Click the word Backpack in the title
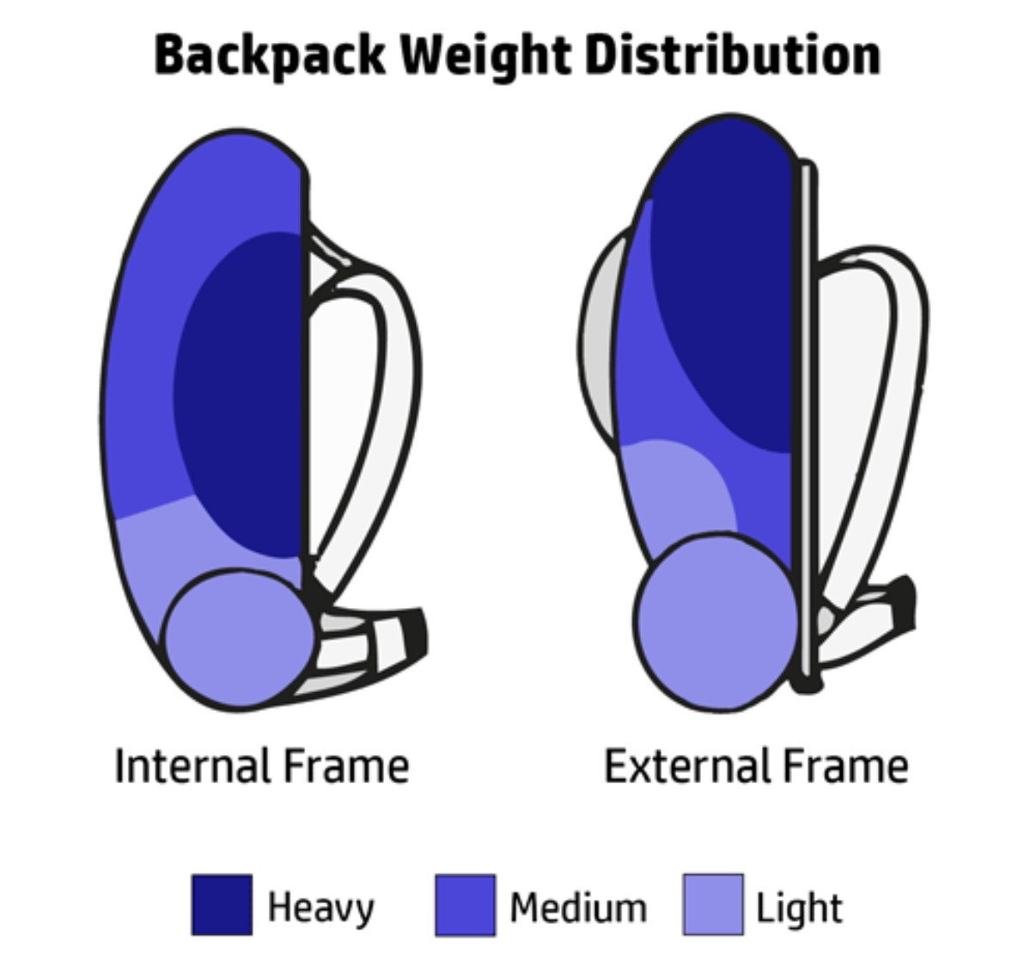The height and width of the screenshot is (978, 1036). click(x=270, y=56)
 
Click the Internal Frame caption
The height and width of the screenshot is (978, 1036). click(x=262, y=766)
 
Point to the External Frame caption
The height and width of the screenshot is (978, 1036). click(x=756, y=766)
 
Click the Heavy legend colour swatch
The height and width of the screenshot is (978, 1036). click(x=222, y=906)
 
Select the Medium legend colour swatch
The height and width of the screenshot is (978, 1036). click(x=466, y=906)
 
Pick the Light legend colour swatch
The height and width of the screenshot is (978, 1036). click(x=713, y=906)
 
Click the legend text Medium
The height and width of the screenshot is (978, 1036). click(x=578, y=908)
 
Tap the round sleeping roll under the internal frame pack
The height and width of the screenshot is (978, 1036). click(x=240, y=640)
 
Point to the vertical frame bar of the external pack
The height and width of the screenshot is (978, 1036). click(x=806, y=422)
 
